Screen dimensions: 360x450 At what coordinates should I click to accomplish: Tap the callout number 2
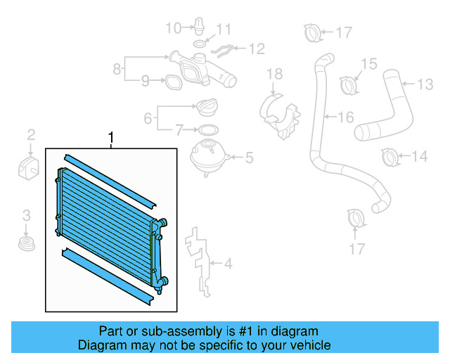click(31, 134)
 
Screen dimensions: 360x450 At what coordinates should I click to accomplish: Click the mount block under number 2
click(27, 169)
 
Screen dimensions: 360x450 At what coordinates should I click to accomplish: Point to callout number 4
click(227, 265)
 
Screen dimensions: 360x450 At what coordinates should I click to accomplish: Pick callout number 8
click(117, 69)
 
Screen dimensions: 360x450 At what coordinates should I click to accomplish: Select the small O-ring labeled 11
click(199, 44)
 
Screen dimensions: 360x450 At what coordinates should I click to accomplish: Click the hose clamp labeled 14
click(392, 156)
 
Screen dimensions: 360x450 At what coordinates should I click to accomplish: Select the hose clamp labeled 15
click(348, 84)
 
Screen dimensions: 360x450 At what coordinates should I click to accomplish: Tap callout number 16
click(346, 117)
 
